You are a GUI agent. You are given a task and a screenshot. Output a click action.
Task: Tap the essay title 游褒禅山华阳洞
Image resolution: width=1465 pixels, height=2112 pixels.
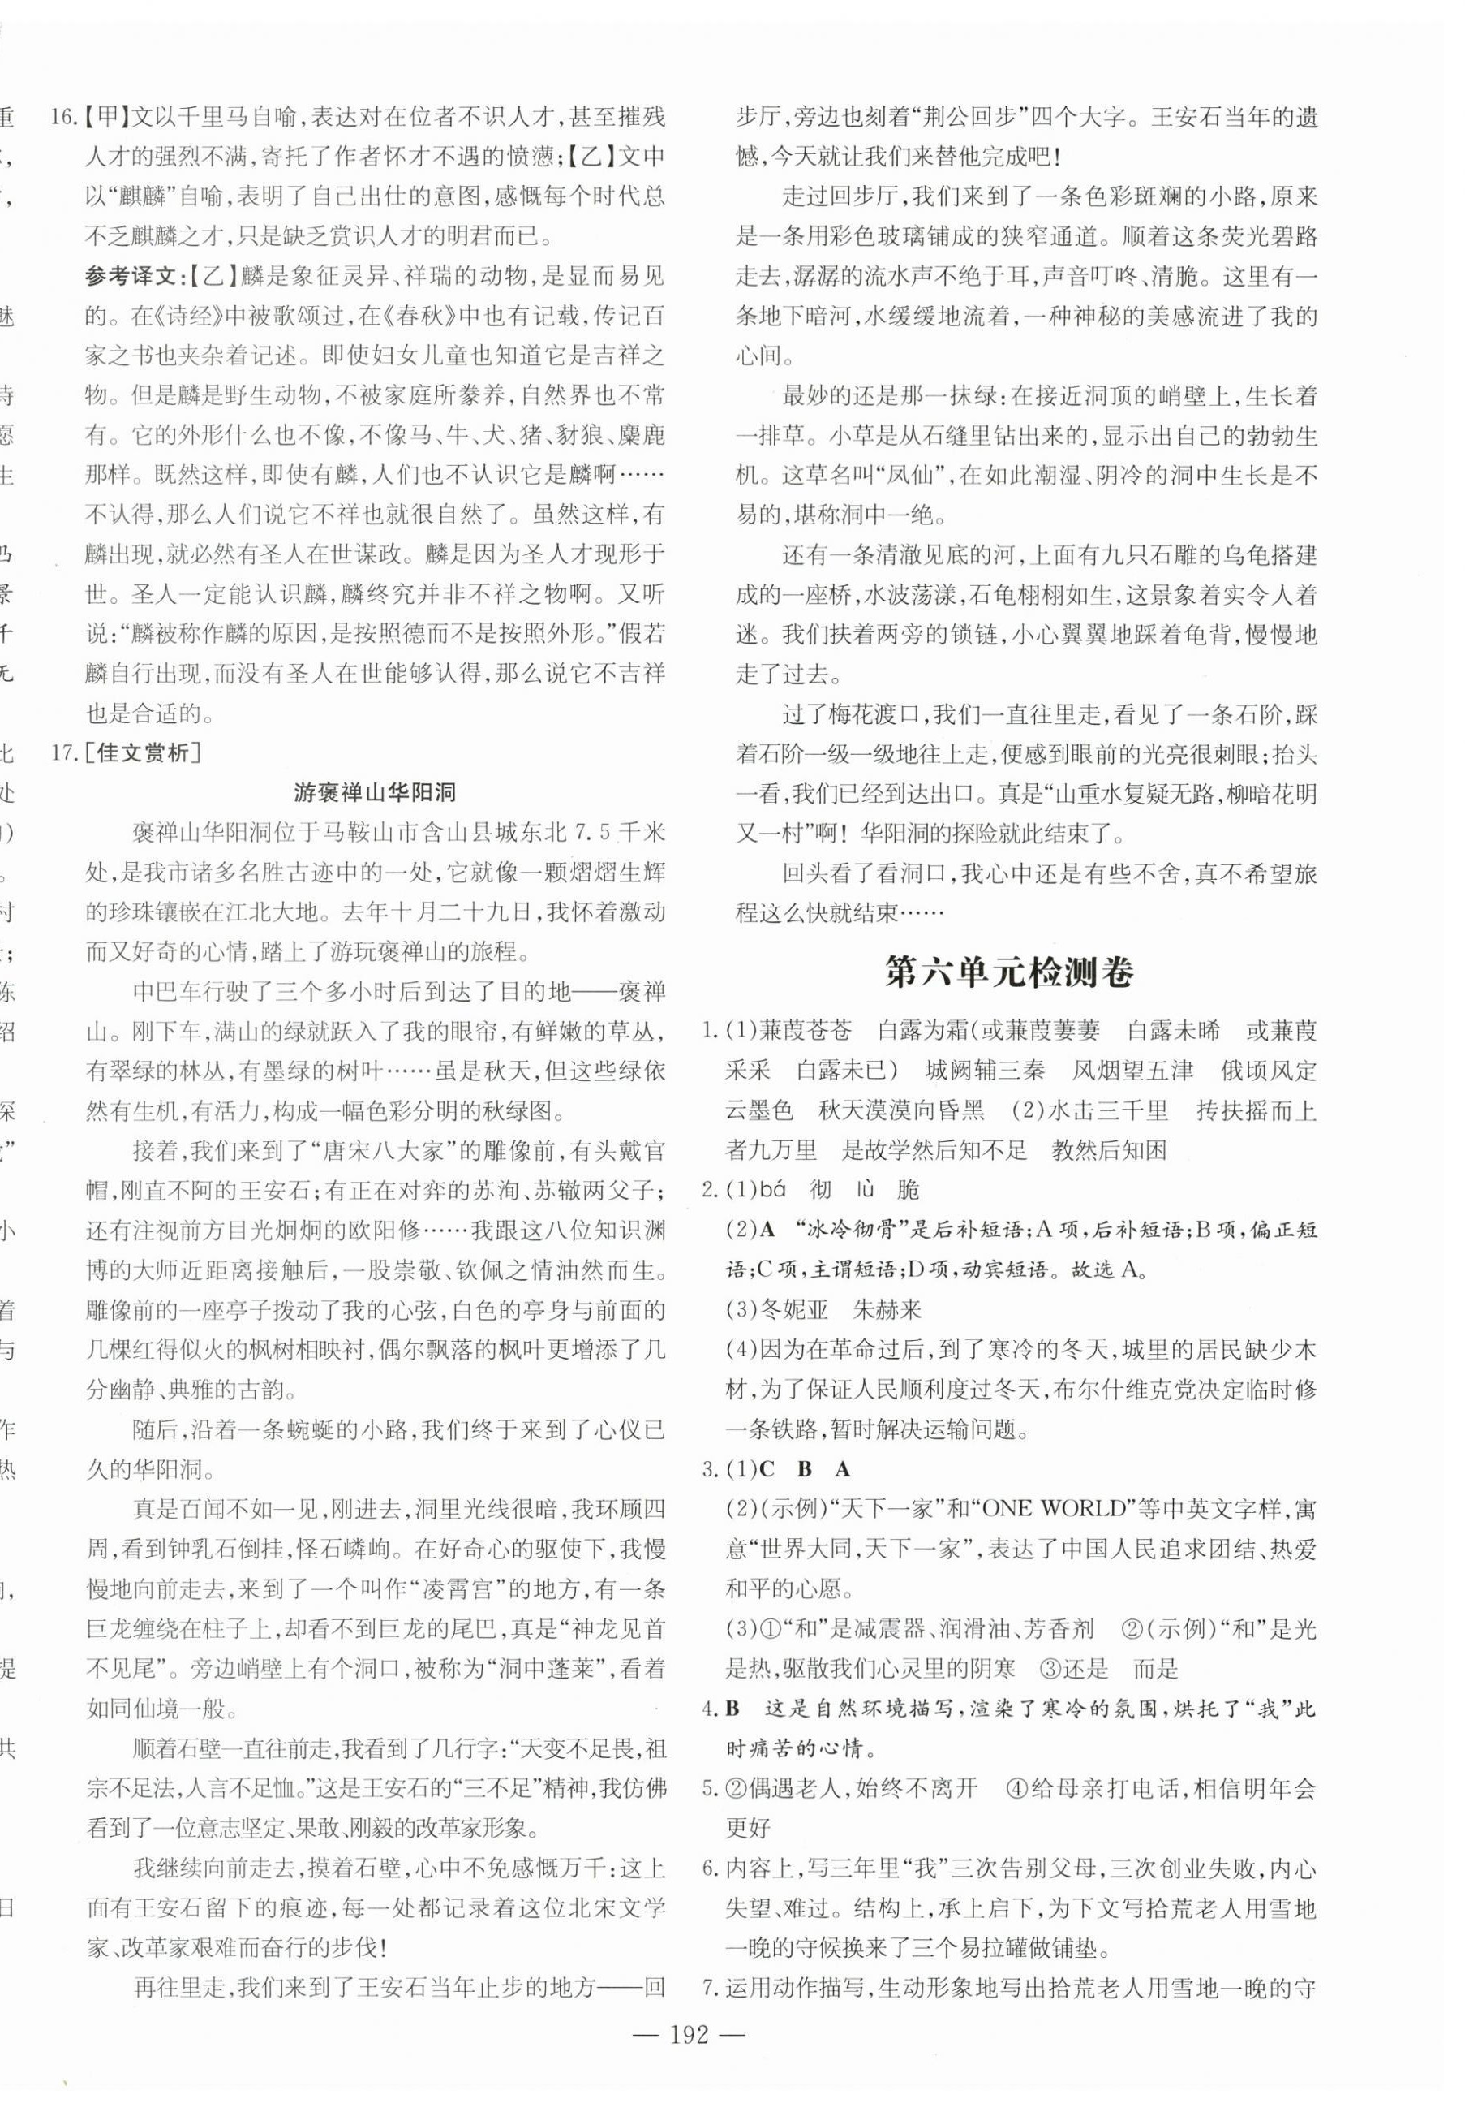pos(375,792)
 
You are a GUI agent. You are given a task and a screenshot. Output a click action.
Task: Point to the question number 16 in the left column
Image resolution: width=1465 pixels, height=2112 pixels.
pos(62,118)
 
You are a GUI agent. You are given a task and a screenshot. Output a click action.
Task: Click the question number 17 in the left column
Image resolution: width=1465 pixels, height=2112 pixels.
pos(62,753)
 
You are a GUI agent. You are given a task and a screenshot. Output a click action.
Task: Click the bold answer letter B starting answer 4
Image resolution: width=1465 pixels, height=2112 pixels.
pos(732,1709)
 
